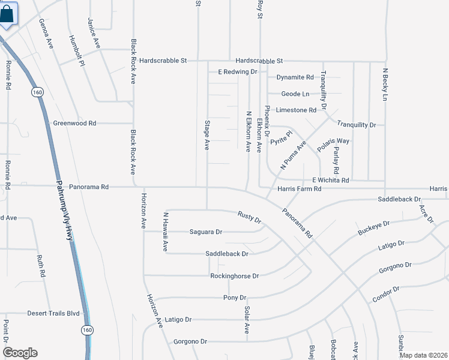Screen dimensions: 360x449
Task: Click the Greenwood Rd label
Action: pos(74,123)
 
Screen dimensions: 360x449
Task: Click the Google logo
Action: pos(19,353)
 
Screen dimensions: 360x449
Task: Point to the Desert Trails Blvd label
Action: pos(53,313)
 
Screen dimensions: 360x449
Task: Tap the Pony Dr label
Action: pos(235,298)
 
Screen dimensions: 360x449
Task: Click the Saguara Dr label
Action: pos(206,232)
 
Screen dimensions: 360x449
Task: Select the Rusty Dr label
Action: pos(249,217)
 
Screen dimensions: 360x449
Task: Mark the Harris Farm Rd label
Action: pos(300,189)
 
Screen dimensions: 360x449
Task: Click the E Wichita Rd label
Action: pos(330,180)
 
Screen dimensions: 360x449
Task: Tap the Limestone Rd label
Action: pos(295,110)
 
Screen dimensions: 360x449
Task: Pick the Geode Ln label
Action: pos(296,94)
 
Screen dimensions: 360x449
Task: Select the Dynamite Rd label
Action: pos(295,77)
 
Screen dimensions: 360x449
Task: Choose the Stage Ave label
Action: pos(206,133)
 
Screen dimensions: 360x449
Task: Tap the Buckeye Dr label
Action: pos(373,227)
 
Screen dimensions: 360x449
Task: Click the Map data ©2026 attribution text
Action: pos(423,355)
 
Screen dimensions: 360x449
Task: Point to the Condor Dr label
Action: pos(385,293)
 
